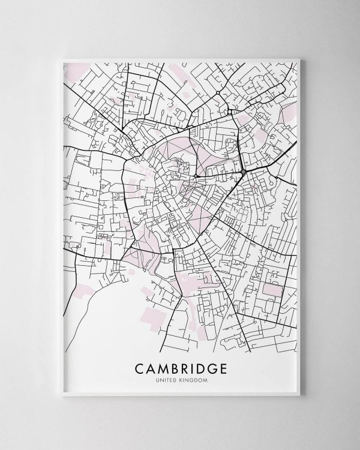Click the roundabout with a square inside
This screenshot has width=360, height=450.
(242, 173)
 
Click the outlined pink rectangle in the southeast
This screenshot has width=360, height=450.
(273, 290)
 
